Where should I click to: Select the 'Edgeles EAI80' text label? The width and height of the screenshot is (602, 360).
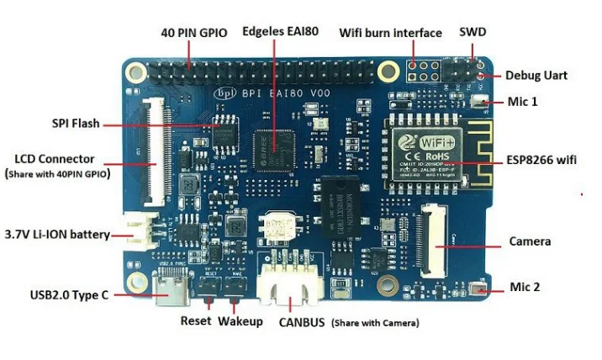pos(280,33)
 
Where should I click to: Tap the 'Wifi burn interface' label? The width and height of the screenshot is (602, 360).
pos(390,33)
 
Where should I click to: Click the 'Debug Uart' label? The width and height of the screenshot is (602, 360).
pos(536,75)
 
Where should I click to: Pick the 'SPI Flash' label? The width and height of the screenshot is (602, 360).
pos(75,124)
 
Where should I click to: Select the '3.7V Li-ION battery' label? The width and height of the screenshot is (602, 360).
pos(57,234)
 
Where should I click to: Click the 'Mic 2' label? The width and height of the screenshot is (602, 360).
pos(525,287)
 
